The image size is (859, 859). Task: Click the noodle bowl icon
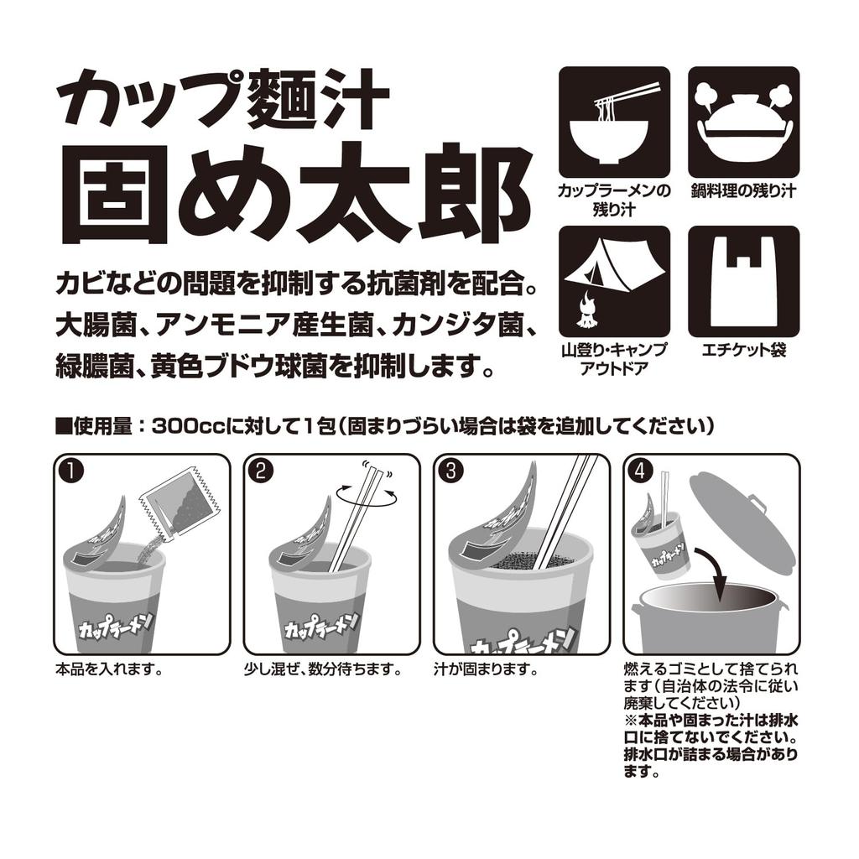614,122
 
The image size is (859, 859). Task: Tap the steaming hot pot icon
743,122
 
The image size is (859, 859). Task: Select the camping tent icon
614,281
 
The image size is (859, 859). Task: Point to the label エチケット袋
743,351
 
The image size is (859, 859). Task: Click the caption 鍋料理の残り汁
743,191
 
